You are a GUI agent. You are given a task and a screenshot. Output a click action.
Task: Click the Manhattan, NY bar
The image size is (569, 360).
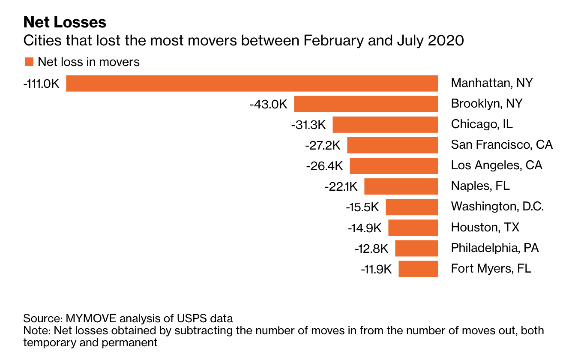(x=252, y=84)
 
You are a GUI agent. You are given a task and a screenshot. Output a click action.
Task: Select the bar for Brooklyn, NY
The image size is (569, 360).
(x=366, y=104)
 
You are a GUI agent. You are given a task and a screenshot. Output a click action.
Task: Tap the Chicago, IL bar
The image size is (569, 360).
(x=385, y=125)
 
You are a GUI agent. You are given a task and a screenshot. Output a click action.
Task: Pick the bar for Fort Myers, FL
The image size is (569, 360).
(x=418, y=269)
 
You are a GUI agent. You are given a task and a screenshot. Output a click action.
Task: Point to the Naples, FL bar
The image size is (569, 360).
(x=401, y=186)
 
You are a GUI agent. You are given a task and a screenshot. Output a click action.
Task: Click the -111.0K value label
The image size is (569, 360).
(x=42, y=84)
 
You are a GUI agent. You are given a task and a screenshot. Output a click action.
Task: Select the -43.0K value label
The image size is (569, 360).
(x=269, y=104)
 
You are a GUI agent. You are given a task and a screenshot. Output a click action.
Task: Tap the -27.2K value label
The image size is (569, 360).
(x=323, y=145)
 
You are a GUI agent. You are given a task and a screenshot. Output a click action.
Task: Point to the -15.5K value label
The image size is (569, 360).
(x=362, y=207)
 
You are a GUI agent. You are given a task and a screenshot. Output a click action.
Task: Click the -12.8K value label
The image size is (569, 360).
(x=371, y=248)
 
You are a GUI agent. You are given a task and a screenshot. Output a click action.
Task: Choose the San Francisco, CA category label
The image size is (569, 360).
(x=502, y=144)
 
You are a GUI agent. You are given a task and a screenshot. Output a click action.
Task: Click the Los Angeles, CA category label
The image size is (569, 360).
(x=497, y=165)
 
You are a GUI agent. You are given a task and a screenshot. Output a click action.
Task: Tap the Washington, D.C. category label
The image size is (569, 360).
(x=497, y=207)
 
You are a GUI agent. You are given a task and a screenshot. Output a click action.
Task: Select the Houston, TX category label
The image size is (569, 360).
(x=485, y=227)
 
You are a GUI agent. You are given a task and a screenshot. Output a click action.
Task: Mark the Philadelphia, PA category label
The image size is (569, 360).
(x=495, y=248)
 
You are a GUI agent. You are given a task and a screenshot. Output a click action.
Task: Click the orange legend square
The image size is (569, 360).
(x=29, y=62)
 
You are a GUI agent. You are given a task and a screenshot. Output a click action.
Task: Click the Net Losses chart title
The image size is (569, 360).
(x=65, y=22)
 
